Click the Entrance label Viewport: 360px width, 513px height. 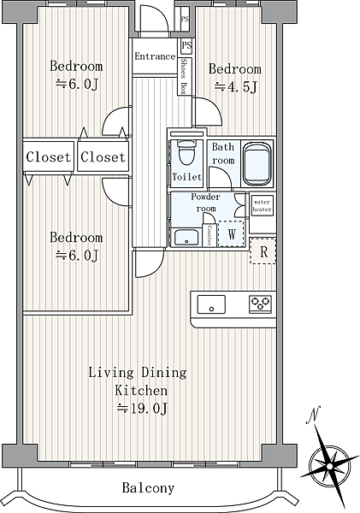click(x=155, y=56)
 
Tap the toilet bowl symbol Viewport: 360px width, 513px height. click(x=186, y=152)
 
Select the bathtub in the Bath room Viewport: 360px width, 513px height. click(x=257, y=163)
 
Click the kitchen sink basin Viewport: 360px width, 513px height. click(x=211, y=304)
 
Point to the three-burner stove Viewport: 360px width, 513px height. click(x=260, y=304)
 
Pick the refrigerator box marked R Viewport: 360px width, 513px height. click(x=263, y=251)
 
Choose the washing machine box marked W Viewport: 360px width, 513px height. click(x=232, y=233)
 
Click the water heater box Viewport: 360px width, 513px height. click(x=263, y=206)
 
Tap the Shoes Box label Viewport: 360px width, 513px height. click(x=184, y=77)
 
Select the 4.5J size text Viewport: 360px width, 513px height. click(x=236, y=86)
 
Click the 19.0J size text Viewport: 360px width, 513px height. click(x=143, y=409)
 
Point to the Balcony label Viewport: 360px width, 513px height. click(x=148, y=488)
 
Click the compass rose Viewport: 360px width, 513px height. click(x=330, y=465)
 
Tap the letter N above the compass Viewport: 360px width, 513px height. click(x=313, y=415)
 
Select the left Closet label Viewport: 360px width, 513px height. click(x=48, y=157)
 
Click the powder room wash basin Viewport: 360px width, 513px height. click(x=186, y=237)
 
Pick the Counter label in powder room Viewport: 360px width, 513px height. click(x=209, y=235)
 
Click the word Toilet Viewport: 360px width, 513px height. click(x=186, y=177)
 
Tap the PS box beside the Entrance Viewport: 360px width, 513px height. click(x=186, y=46)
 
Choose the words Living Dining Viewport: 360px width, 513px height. click(x=138, y=373)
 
